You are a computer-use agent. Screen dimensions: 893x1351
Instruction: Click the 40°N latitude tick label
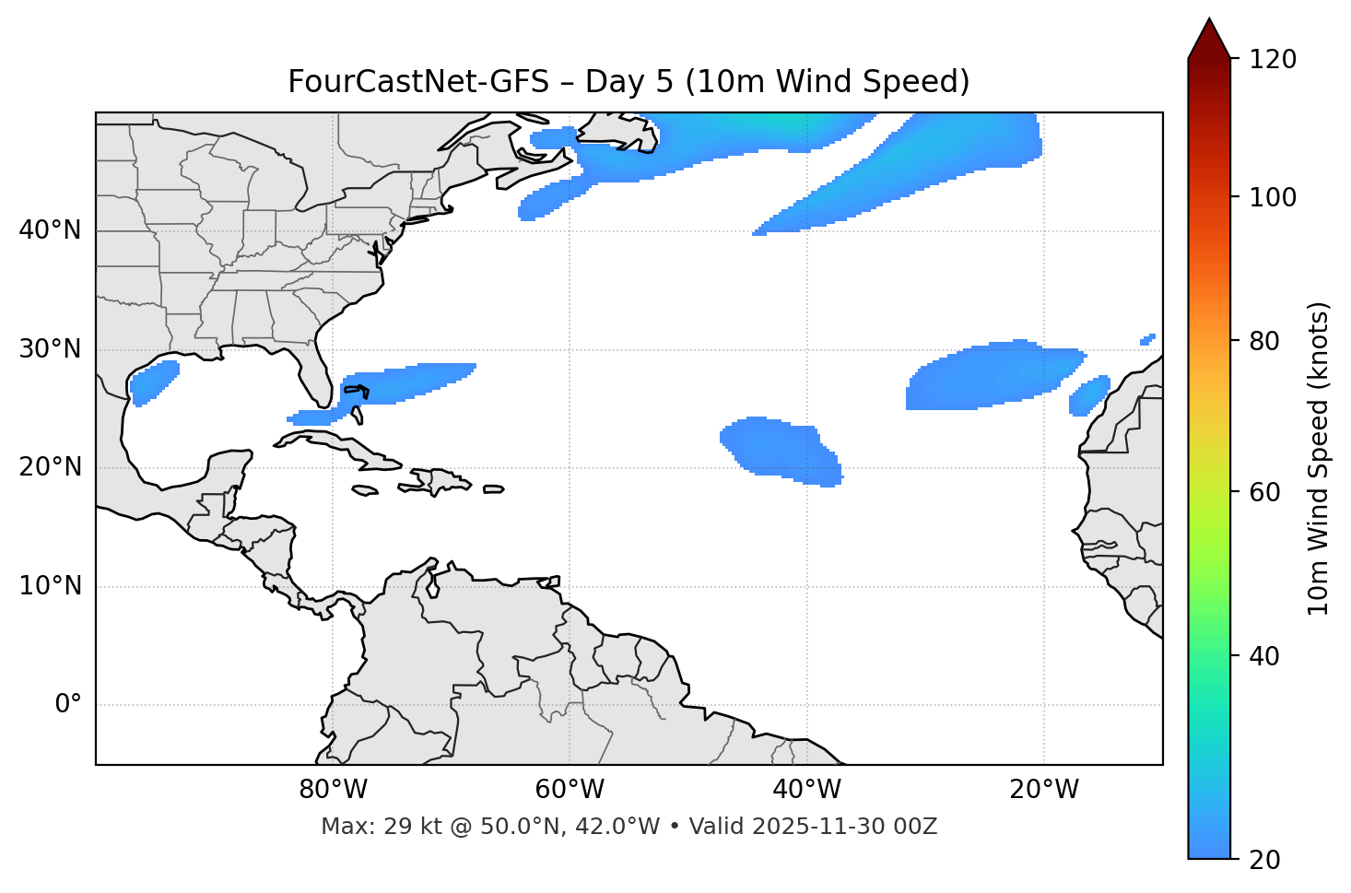pos(50,230)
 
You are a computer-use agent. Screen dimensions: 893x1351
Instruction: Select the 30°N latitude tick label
pos(50,349)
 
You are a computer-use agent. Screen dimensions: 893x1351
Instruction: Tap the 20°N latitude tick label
pos(50,467)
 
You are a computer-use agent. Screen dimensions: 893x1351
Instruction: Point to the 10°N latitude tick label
pos(50,586)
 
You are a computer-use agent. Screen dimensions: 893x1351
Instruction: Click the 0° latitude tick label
pos(67,705)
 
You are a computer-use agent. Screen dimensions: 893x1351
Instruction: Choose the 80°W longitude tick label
pos(333,790)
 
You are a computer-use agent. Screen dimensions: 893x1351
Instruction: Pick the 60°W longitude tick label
pos(570,790)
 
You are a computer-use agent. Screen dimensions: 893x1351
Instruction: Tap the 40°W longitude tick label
pos(806,790)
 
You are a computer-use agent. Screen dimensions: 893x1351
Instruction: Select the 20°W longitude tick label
pos(1043,790)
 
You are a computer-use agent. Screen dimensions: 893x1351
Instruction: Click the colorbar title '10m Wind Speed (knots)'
pos(1319,458)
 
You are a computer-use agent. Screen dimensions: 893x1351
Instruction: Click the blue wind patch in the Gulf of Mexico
pos(154,382)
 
